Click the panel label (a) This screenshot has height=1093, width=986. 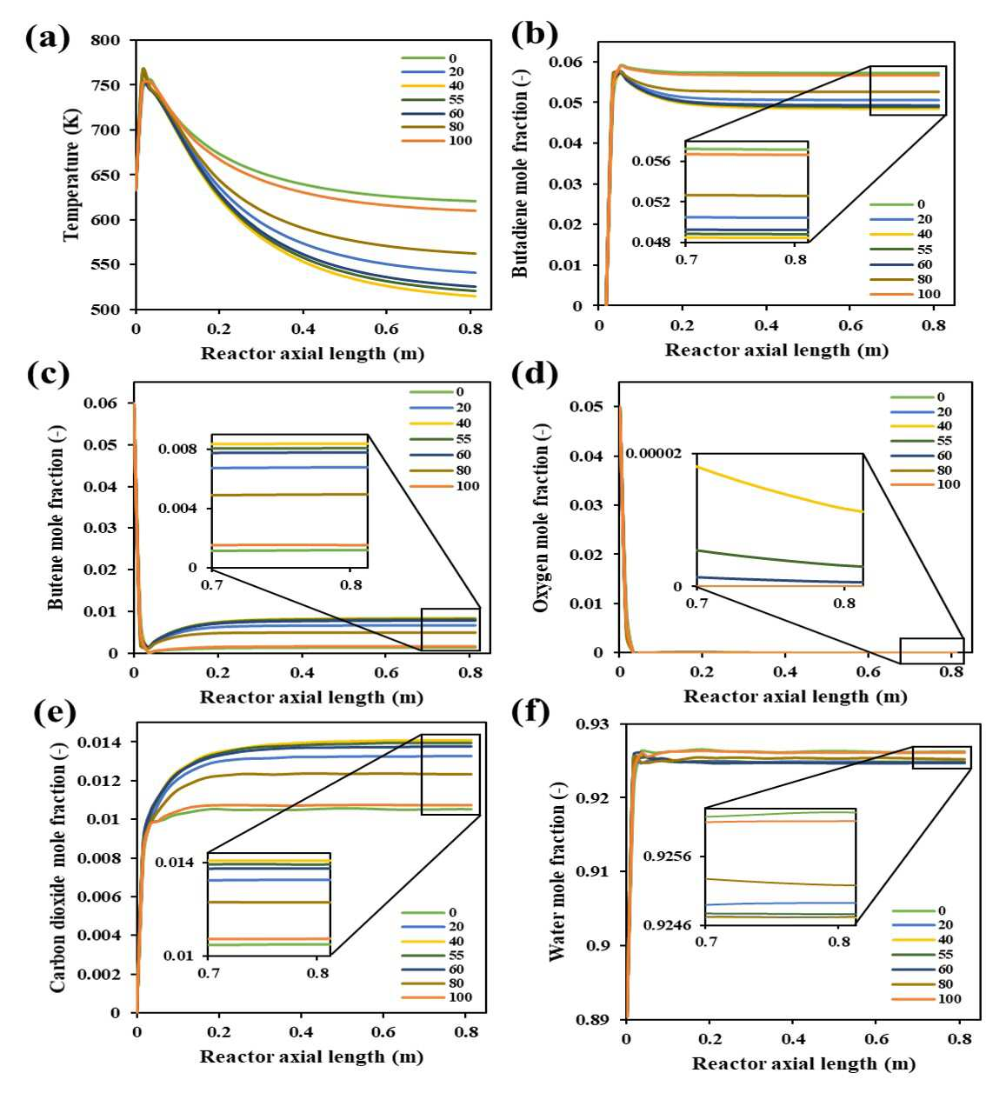(48, 38)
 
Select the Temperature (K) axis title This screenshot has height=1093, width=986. (72, 175)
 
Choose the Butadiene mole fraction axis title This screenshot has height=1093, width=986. (520, 175)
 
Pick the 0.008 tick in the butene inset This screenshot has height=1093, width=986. (177, 449)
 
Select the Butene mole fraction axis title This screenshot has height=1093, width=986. (56, 517)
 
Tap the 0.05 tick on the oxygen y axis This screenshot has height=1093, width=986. (588, 407)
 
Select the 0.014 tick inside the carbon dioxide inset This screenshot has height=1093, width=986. (175, 862)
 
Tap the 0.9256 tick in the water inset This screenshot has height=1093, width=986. (667, 856)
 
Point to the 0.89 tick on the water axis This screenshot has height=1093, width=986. (592, 1019)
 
